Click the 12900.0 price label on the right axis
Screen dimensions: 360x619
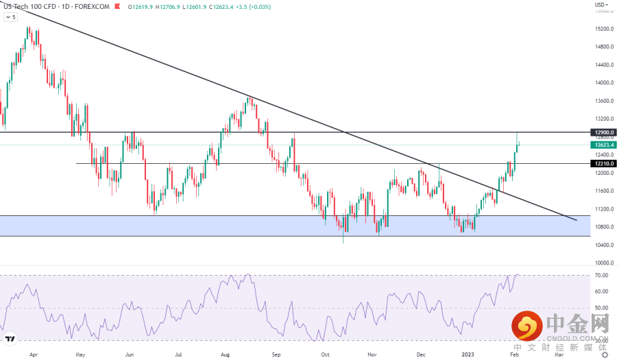(603, 132)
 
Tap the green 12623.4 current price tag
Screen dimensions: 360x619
(603, 145)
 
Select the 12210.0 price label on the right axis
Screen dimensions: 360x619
(603, 164)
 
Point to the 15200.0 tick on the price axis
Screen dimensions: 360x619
(603, 29)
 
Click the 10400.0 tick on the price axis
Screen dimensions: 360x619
(603, 245)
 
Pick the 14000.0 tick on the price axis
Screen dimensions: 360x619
(603, 83)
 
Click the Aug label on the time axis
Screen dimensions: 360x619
(226, 355)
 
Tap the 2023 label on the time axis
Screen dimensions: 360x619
(468, 355)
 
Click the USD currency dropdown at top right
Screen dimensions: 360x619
(600, 5)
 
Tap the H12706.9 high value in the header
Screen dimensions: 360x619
(168, 6)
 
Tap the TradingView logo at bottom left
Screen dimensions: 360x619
(10, 339)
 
